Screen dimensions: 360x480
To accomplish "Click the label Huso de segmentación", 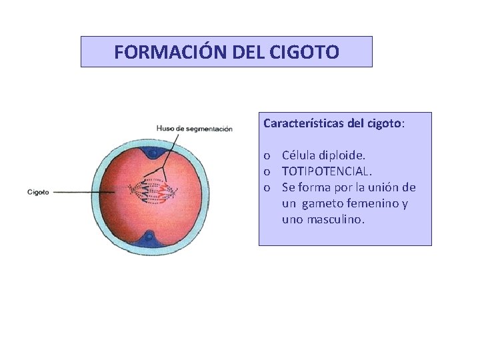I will coord(194,129).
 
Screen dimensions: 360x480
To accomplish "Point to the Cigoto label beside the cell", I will coord(38,192).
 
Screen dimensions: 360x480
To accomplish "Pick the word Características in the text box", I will coord(299,123).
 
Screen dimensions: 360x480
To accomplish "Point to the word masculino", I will coord(335,219).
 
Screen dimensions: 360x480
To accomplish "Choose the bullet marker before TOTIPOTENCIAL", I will coord(267,172).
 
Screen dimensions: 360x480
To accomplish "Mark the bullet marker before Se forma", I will coord(267,188).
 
